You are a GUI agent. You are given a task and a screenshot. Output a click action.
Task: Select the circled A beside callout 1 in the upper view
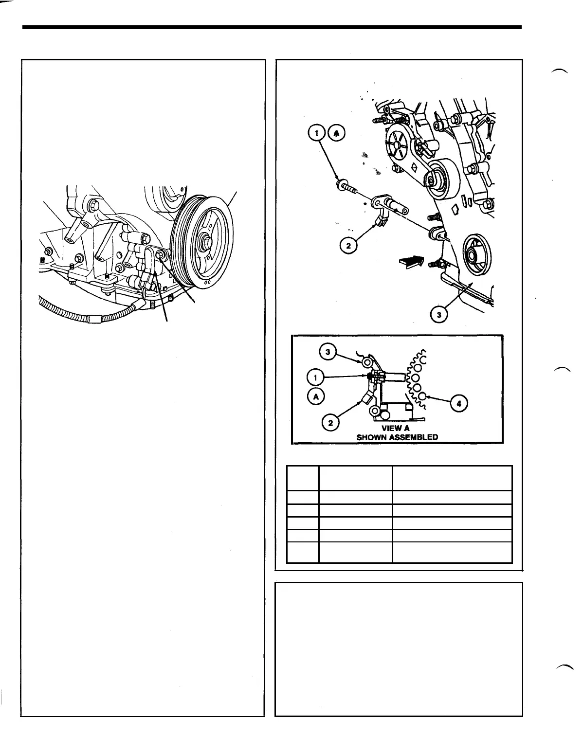[336, 133]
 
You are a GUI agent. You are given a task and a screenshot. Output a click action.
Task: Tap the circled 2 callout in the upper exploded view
[347, 246]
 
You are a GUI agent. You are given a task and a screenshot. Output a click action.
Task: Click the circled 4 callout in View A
[459, 403]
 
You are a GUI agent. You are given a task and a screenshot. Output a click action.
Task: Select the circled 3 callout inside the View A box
[328, 352]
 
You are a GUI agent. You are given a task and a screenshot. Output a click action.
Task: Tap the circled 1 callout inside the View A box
[316, 377]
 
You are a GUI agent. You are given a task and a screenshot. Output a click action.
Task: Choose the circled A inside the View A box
[316, 396]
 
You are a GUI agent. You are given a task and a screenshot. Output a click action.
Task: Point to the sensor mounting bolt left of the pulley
[163, 254]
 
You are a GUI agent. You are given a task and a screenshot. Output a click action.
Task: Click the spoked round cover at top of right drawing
[398, 144]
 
